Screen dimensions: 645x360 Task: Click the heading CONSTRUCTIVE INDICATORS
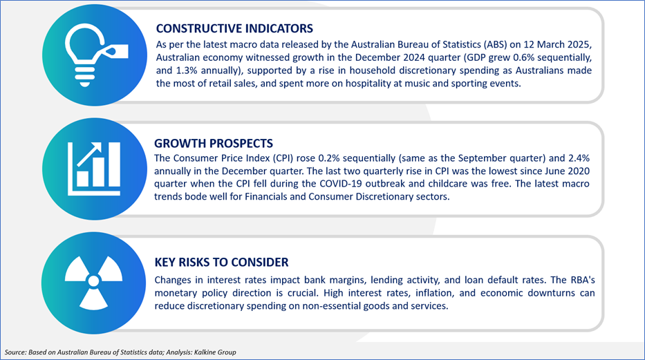[x=234, y=28]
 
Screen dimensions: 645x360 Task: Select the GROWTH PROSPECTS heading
[x=214, y=143]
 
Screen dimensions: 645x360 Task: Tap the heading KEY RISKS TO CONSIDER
[x=221, y=262]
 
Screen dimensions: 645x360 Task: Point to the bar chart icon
[x=94, y=169]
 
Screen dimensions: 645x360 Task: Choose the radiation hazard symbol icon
[x=94, y=282]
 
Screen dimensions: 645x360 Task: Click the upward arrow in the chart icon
[x=89, y=154]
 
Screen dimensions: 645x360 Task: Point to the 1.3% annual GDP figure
[x=187, y=70]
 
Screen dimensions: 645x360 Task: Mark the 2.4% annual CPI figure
[x=579, y=158]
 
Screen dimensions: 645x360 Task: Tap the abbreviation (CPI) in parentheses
[x=281, y=158]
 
